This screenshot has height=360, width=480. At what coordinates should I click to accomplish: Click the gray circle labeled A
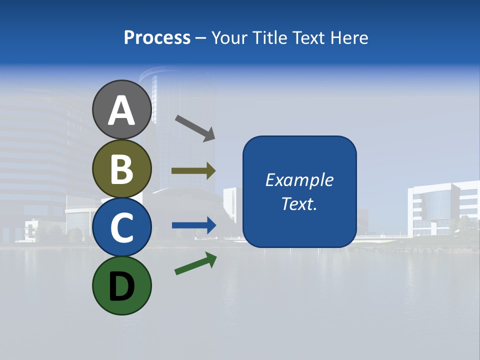tap(121, 109)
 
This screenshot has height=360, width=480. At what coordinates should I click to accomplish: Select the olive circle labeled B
tap(121, 168)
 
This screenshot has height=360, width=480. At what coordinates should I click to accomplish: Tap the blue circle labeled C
tap(121, 227)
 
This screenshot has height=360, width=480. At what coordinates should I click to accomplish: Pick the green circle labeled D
tap(121, 285)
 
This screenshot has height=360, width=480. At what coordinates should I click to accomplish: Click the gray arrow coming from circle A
tap(194, 127)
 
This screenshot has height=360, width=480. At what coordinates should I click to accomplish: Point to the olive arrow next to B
tap(193, 171)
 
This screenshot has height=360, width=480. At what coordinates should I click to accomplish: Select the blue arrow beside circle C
tap(193, 225)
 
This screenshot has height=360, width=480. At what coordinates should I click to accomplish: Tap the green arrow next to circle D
tap(195, 264)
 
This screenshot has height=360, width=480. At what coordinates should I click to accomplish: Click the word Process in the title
tap(157, 37)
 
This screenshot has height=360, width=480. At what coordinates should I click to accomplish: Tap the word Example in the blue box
tap(299, 180)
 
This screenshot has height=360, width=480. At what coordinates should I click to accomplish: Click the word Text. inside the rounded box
tap(299, 204)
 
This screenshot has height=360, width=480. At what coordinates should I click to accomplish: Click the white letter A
tap(121, 110)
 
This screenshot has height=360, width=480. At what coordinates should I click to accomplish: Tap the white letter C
tap(121, 227)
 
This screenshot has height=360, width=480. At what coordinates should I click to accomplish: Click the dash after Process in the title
tap(201, 38)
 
